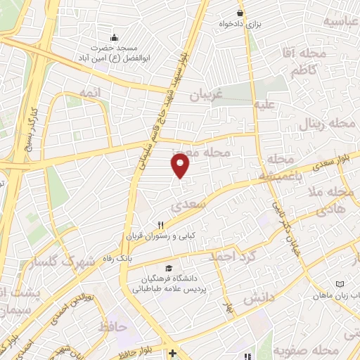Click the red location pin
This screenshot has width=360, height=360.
pyautogui.click(x=181, y=165)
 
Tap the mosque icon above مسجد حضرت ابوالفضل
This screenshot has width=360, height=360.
pyautogui.click(x=114, y=37)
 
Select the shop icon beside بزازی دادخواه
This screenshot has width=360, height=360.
pyautogui.click(x=240, y=13)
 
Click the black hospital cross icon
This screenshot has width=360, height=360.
pyautogui.click(x=173, y=353)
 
